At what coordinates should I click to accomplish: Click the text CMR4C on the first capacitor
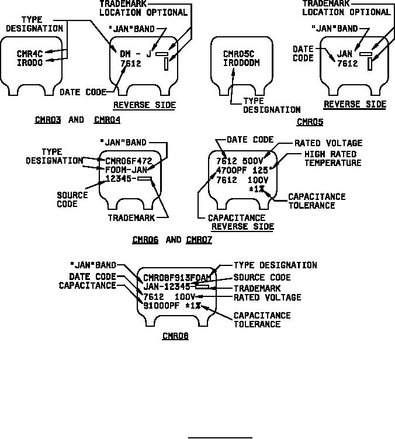point(29,54)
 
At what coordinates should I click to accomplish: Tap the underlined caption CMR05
point(310,122)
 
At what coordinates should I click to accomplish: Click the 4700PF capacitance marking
point(227,170)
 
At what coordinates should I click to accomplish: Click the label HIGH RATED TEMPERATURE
point(332,158)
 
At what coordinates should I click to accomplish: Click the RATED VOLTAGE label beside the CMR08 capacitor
point(268,298)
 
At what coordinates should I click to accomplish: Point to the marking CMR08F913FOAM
point(177,278)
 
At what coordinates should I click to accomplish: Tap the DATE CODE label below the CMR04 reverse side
point(84,92)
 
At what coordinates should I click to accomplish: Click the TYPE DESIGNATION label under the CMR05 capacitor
point(272,105)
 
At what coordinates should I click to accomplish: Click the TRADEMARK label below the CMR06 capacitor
point(131,217)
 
